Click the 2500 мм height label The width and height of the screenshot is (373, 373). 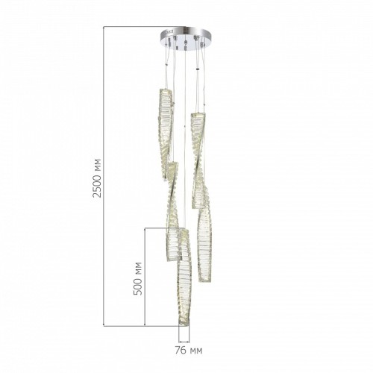(x=97, y=178)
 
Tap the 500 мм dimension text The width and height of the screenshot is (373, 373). (x=138, y=278)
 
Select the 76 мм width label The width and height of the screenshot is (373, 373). (x=189, y=351)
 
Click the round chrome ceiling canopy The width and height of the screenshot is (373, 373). (x=186, y=37)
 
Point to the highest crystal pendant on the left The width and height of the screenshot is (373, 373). (x=165, y=134)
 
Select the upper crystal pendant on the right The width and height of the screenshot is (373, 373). (x=198, y=160)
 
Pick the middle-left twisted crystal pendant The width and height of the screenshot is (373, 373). (x=173, y=211)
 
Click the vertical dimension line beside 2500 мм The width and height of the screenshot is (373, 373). (x=104, y=176)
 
